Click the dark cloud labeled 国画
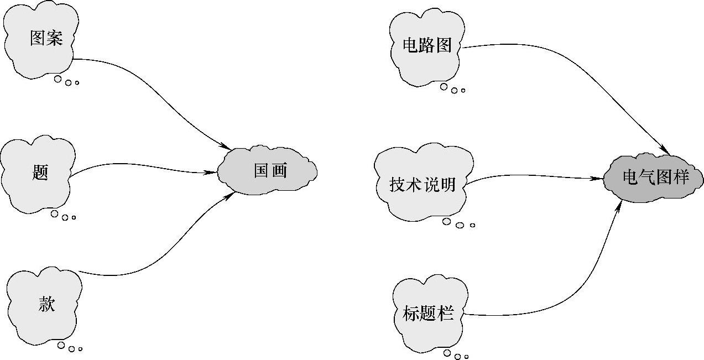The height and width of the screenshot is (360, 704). click(x=268, y=170)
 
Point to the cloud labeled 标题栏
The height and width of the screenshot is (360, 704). click(x=428, y=314)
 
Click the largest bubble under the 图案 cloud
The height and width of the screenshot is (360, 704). click(x=58, y=79)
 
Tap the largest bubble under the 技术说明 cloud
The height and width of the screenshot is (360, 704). click(x=447, y=222)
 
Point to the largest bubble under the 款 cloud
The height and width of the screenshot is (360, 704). click(x=61, y=345)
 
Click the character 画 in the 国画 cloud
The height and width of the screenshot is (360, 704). click(x=280, y=170)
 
